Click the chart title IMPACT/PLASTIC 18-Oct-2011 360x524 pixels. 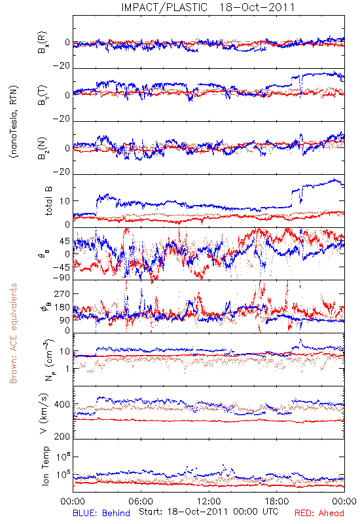[x=208, y=7]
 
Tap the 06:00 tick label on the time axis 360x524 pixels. [x=141, y=501]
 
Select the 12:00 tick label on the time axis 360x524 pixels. [x=209, y=501]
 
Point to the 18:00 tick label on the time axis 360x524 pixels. [x=277, y=501]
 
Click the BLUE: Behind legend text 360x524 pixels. [x=101, y=513]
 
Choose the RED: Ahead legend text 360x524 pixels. [x=319, y=513]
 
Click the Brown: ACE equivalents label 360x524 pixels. [x=13, y=333]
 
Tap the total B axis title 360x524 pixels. [x=48, y=201]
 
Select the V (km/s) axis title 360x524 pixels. [x=45, y=413]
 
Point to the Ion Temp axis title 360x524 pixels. [x=45, y=466]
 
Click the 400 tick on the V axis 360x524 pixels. [x=62, y=404]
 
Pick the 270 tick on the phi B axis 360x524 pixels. [x=62, y=293]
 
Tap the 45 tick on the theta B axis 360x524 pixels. [x=65, y=241]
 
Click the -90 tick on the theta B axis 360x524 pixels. [x=62, y=278]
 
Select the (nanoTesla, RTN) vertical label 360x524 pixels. [x=14, y=122]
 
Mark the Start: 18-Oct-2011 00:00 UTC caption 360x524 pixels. [x=209, y=512]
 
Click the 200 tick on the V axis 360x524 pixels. [x=62, y=436]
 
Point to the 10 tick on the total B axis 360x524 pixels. [x=65, y=201]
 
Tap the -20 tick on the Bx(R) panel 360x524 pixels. [x=62, y=66]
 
